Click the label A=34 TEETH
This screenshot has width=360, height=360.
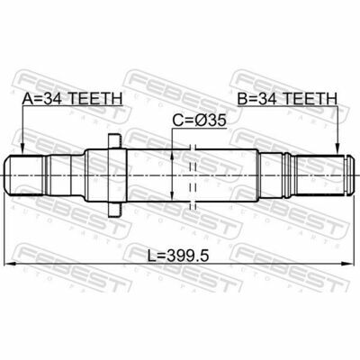[72, 99]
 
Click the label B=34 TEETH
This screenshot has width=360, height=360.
[287, 99]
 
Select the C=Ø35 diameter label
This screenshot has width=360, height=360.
[199, 121]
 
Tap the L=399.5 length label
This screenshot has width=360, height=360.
[178, 256]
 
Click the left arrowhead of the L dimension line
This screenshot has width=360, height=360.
[11, 264]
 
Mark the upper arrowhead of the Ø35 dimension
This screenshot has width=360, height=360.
[172, 155]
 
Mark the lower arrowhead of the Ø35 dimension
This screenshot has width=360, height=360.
[172, 194]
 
